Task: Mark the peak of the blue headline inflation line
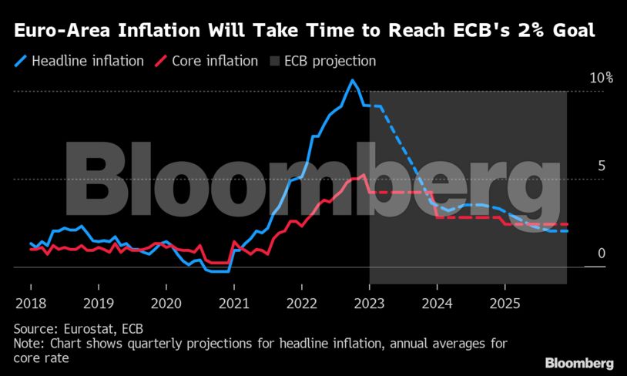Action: click(352, 80)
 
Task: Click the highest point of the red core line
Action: click(364, 175)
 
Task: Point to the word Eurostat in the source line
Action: click(82, 328)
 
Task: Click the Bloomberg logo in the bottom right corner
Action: click(579, 363)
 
